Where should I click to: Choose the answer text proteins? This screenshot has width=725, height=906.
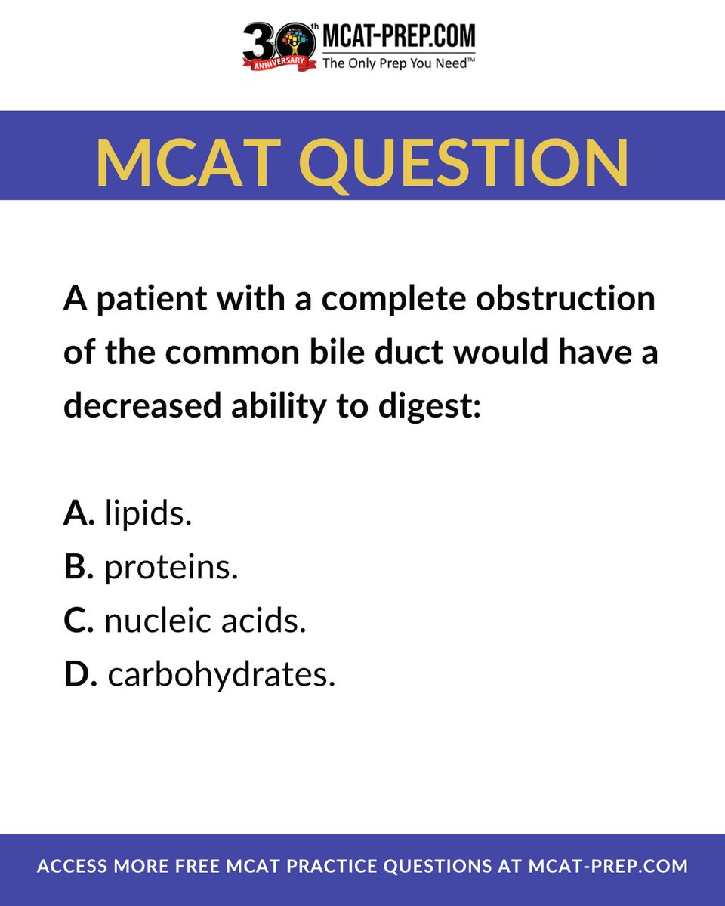click(171, 568)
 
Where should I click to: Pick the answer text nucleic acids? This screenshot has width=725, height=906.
click(205, 621)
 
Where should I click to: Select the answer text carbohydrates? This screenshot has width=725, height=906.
click(221, 675)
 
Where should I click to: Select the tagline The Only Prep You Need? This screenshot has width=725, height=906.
click(399, 63)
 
